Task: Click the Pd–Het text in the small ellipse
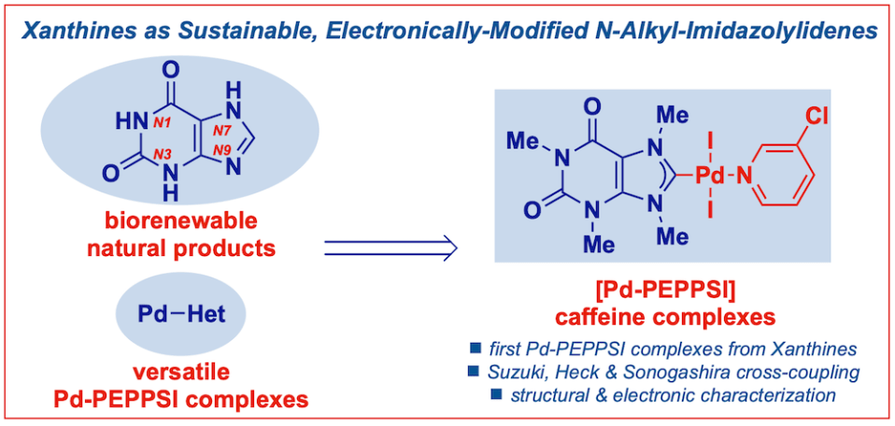coord(182,313)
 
